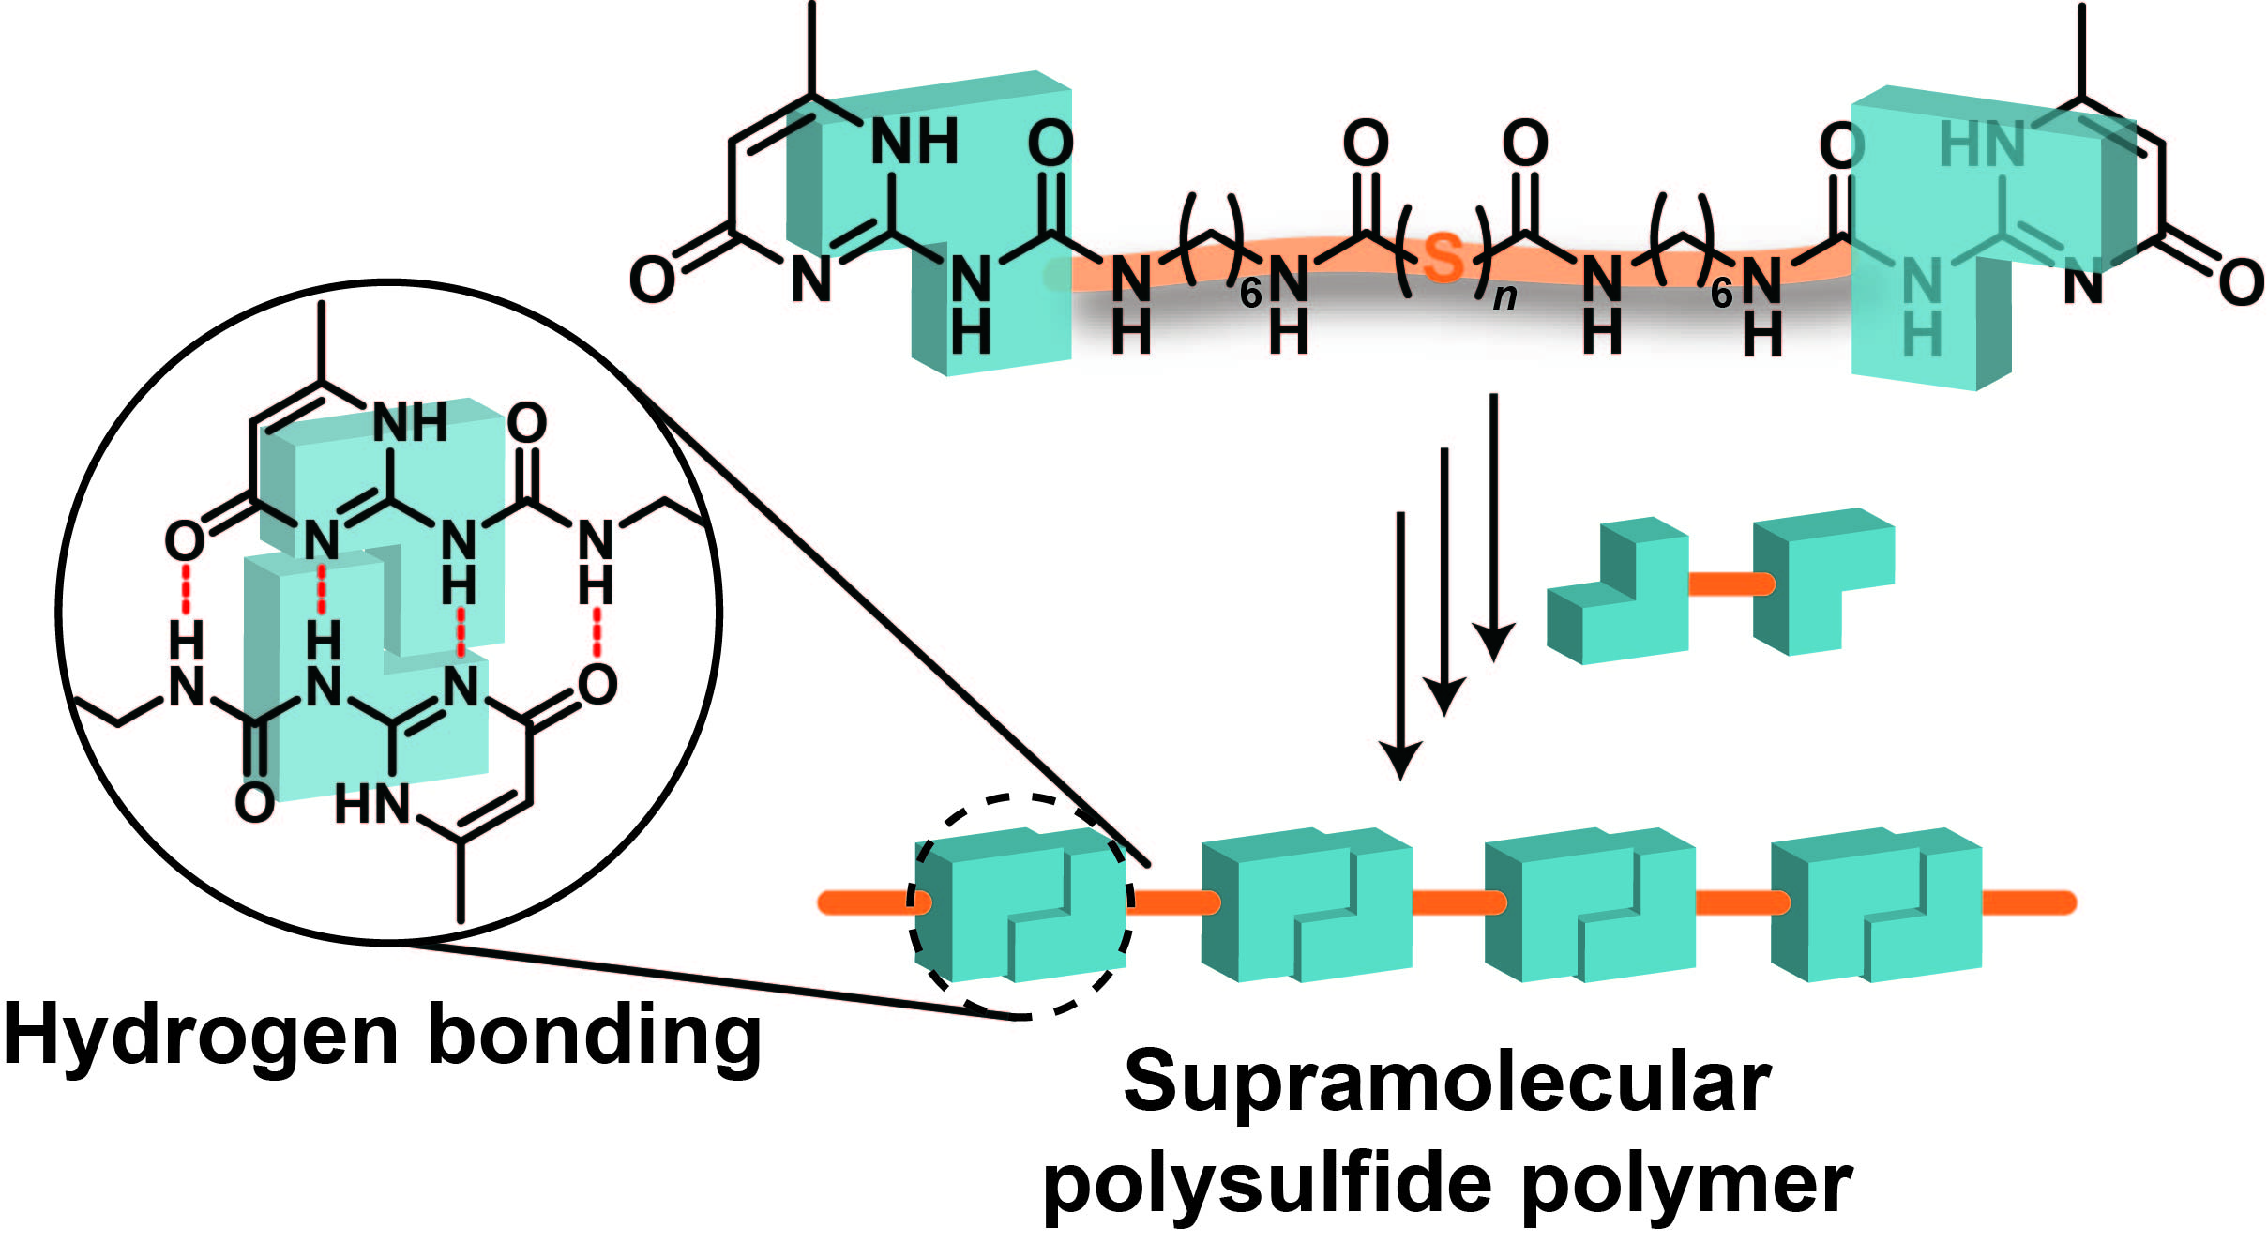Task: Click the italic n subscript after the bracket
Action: coord(1504,296)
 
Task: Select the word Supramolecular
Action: coord(1447,1082)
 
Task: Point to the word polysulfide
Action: coord(1266,1184)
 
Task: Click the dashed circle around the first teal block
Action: coord(1023,797)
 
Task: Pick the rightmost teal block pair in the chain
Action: coord(1876,904)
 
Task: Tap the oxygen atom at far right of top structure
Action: coord(2241,282)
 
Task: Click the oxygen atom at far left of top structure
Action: coord(651,280)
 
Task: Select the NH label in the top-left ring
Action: coord(914,143)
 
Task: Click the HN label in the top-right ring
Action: coord(1981,144)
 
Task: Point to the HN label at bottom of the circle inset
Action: coord(371,805)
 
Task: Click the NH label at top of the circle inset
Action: coord(410,423)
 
